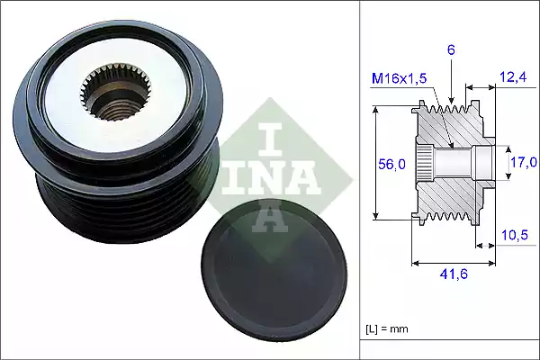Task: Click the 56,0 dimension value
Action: coord(390,164)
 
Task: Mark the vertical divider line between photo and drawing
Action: coord(360,180)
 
